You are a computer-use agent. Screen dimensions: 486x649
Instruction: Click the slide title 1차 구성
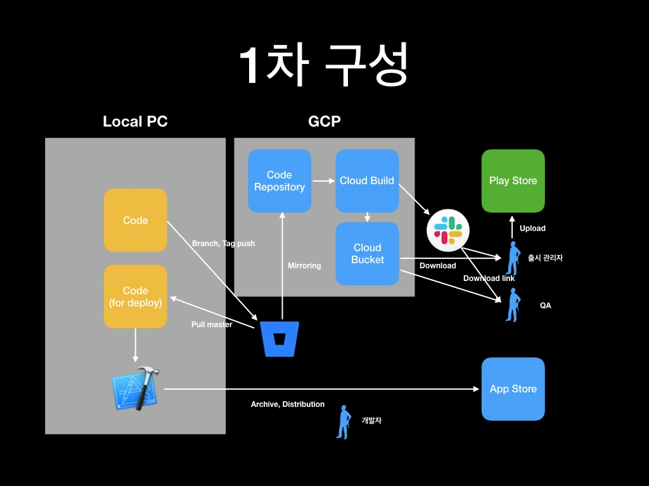(324, 65)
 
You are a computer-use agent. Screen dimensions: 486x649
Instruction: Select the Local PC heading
(135, 121)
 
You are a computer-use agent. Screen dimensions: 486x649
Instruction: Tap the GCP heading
(324, 121)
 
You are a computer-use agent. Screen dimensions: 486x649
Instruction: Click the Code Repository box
(280, 181)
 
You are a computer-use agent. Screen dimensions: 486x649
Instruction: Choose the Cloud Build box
(367, 181)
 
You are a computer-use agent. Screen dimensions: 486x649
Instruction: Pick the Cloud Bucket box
(367, 253)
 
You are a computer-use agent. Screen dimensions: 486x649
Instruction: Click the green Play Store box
(513, 181)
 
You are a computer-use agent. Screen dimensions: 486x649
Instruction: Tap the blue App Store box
(513, 389)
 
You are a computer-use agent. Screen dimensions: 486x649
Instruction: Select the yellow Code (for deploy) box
(135, 296)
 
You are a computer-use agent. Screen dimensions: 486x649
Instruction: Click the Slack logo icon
(448, 230)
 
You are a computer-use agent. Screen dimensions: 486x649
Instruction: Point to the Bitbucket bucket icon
(280, 339)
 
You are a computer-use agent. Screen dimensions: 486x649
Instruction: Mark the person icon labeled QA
(512, 305)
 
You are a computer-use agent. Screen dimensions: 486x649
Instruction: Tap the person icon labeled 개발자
(343, 421)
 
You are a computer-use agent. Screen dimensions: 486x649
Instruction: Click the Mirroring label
(304, 266)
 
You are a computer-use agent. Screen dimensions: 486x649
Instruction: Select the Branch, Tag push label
(223, 244)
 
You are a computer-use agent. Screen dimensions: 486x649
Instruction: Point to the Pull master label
(212, 325)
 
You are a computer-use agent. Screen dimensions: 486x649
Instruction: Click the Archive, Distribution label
(288, 404)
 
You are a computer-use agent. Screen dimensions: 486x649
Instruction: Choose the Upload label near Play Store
(532, 228)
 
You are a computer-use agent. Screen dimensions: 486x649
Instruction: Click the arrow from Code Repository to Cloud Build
(323, 181)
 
